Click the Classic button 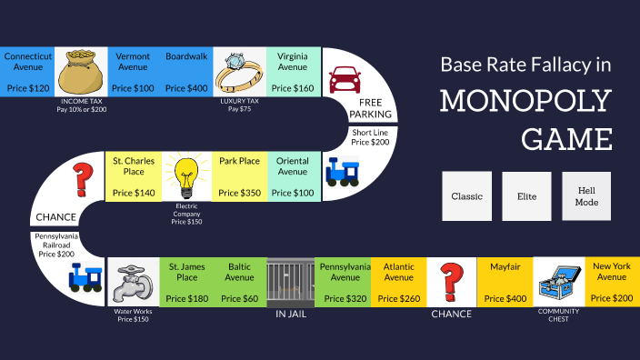466,195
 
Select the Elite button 527,195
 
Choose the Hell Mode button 586,195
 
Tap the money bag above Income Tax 82,71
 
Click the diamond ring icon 240,71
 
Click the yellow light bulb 186,175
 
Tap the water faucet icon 133,282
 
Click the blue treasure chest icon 558,282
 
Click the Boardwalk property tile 186,71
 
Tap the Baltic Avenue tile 240,282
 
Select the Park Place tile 240,175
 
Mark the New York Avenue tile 612,282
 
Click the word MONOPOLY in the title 525,101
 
